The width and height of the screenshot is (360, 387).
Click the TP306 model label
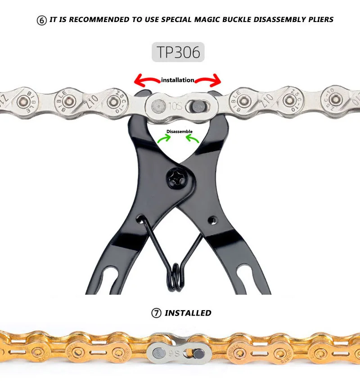coord(178,52)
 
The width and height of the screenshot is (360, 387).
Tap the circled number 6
coord(41,20)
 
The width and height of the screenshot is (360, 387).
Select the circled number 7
coord(156,313)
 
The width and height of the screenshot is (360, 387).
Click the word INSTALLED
coord(188,313)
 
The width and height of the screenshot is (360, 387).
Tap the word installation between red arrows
coord(177,80)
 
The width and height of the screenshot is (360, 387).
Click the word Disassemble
coord(179,132)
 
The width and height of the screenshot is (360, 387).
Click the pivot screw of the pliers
coord(176,176)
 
